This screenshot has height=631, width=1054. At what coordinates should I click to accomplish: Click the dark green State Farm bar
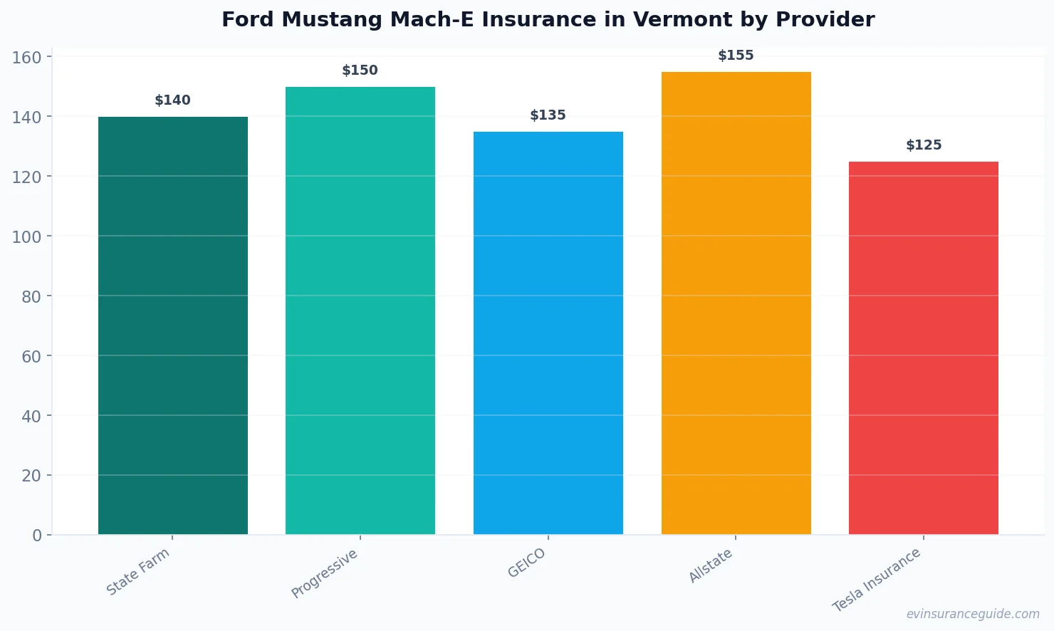tap(173, 325)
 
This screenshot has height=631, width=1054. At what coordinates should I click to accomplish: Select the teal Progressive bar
tap(360, 311)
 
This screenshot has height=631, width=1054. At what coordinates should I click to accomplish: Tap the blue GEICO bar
tap(548, 333)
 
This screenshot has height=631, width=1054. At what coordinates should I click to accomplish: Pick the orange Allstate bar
tap(736, 303)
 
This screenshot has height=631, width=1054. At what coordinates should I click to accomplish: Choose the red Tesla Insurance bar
tap(923, 348)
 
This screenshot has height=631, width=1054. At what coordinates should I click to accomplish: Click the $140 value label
tap(173, 100)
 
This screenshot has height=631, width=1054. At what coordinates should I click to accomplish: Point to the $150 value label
tap(360, 71)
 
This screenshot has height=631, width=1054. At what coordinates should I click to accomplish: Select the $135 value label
tap(548, 115)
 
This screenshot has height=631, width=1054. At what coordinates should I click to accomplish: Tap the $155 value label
tap(736, 56)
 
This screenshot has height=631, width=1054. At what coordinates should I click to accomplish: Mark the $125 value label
tap(924, 145)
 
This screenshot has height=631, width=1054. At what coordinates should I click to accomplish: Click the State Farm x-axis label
tap(138, 572)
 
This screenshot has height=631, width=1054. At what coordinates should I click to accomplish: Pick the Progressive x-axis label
tap(325, 574)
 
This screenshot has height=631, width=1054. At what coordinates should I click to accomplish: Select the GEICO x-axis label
tap(527, 563)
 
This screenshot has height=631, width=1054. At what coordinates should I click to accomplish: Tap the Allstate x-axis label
tap(711, 567)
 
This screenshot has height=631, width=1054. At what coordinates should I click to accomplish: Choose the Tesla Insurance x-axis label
tap(877, 580)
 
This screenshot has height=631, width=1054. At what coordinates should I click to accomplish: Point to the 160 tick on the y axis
tap(26, 57)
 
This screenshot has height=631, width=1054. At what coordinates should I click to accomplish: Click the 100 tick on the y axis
tap(26, 236)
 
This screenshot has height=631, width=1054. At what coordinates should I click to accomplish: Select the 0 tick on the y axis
tap(37, 536)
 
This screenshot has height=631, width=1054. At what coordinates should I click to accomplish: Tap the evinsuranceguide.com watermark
tap(973, 614)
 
